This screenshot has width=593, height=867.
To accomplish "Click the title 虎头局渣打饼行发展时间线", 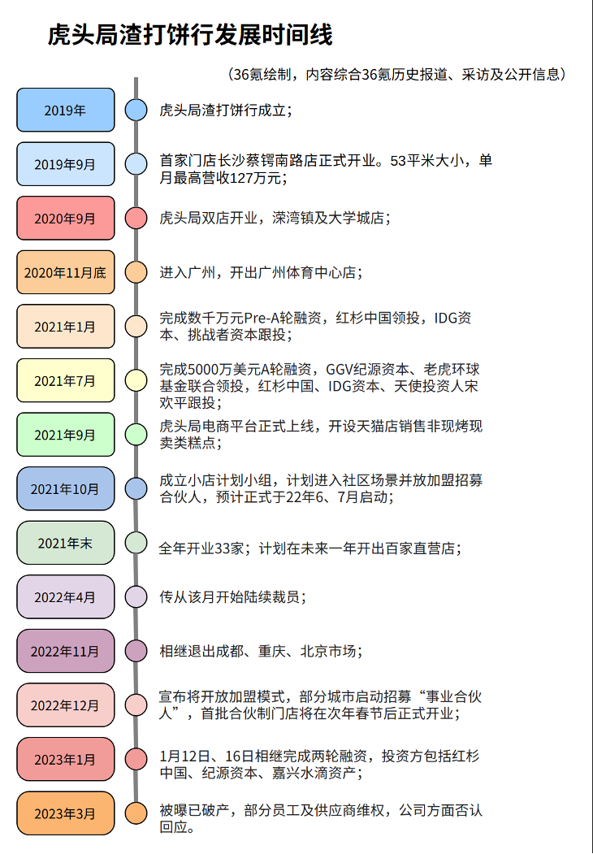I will point(190,36).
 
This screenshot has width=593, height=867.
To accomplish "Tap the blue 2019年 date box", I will point(66,110).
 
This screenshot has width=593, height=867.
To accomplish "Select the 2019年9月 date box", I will point(66,164).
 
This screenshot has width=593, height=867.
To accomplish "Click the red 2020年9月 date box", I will point(66,218).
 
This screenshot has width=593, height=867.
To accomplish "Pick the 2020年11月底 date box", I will point(66,272).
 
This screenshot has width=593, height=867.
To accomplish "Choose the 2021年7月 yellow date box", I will point(66,380).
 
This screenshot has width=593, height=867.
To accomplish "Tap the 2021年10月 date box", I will point(66,488).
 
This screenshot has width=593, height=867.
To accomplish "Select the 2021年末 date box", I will point(66,543).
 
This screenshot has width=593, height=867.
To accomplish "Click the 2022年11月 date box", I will point(66,651).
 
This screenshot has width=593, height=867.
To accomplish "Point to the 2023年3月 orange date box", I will point(66,813).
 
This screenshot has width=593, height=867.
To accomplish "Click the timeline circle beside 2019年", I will point(136,110).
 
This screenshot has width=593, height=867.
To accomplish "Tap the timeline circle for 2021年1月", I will point(136,326).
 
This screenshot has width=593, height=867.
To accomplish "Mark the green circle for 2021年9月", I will point(136,434).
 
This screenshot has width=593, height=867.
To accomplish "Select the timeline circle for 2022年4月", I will point(136,596).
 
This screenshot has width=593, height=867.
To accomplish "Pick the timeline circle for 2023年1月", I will point(136,759).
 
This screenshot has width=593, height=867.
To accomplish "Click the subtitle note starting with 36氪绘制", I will point(397,74).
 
